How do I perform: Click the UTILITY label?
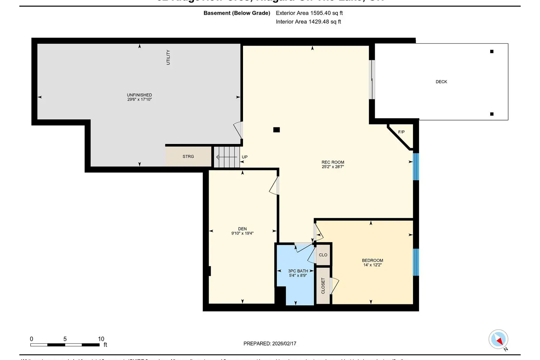[x=168, y=57]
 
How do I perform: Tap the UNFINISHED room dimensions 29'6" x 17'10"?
[x=139, y=99]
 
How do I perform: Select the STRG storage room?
[x=188, y=157]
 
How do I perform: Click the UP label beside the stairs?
[x=245, y=157]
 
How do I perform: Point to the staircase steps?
[x=227, y=157]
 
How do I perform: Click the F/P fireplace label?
[x=401, y=132]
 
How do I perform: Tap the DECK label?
[x=441, y=82]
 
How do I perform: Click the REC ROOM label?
[x=333, y=162]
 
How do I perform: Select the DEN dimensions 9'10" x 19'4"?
[x=242, y=233]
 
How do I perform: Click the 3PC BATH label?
[x=298, y=271]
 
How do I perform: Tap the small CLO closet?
[x=323, y=255]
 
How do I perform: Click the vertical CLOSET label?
[x=323, y=285]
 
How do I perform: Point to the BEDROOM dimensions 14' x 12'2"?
[x=372, y=265]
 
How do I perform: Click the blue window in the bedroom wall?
[x=416, y=262]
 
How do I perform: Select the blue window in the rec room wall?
[x=416, y=167]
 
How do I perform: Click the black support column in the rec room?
[x=276, y=130]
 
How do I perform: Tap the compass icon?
[x=498, y=339]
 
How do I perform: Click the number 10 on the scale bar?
[x=101, y=339]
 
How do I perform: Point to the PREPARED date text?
[x=270, y=343]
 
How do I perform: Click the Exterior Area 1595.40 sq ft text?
[x=309, y=13]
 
